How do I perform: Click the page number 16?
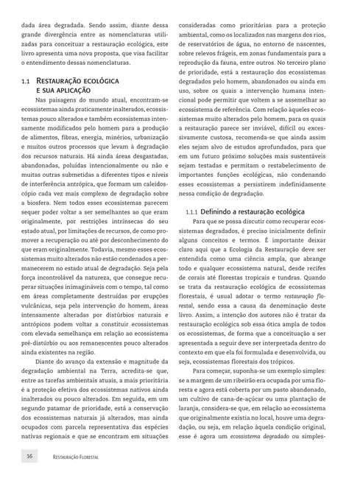coord(29,457)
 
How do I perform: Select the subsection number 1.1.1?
coord(195,211)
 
